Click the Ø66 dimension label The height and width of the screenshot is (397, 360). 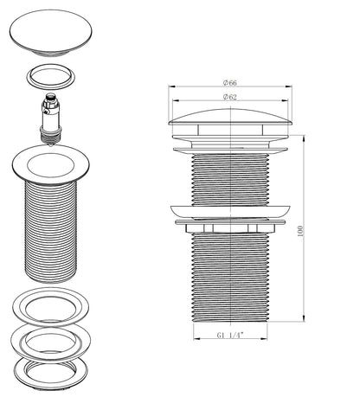point(229,83)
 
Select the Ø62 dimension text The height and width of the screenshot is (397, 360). point(229,97)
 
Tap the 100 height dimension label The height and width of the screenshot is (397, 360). point(300,231)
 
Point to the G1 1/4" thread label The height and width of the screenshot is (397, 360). point(230,335)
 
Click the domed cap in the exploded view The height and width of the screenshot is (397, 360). point(51,33)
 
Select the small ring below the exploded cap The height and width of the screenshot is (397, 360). point(51,77)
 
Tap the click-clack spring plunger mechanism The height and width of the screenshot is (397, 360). point(51,118)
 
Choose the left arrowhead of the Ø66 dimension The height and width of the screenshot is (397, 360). point(171,86)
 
